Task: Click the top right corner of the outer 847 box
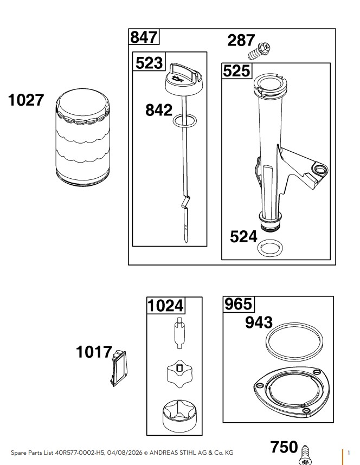click(336, 29)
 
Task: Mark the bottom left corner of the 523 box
click(132, 246)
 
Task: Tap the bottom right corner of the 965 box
click(333, 422)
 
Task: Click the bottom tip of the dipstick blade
click(186, 243)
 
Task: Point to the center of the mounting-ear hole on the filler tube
click(320, 170)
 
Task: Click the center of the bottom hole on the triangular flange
click(306, 410)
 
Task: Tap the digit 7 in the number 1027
click(39, 100)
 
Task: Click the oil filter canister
click(83, 137)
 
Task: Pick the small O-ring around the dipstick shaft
click(185, 120)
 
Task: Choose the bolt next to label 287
click(259, 51)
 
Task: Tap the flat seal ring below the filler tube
click(270, 247)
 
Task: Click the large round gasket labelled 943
click(294, 340)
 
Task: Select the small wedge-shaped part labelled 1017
click(118, 369)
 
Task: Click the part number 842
click(159, 110)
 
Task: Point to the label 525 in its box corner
click(236, 71)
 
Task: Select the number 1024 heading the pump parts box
click(165, 306)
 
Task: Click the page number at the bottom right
click(349, 453)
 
